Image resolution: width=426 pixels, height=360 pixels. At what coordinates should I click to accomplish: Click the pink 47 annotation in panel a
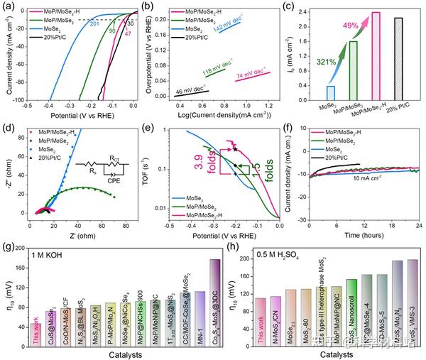[x=129, y=34]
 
